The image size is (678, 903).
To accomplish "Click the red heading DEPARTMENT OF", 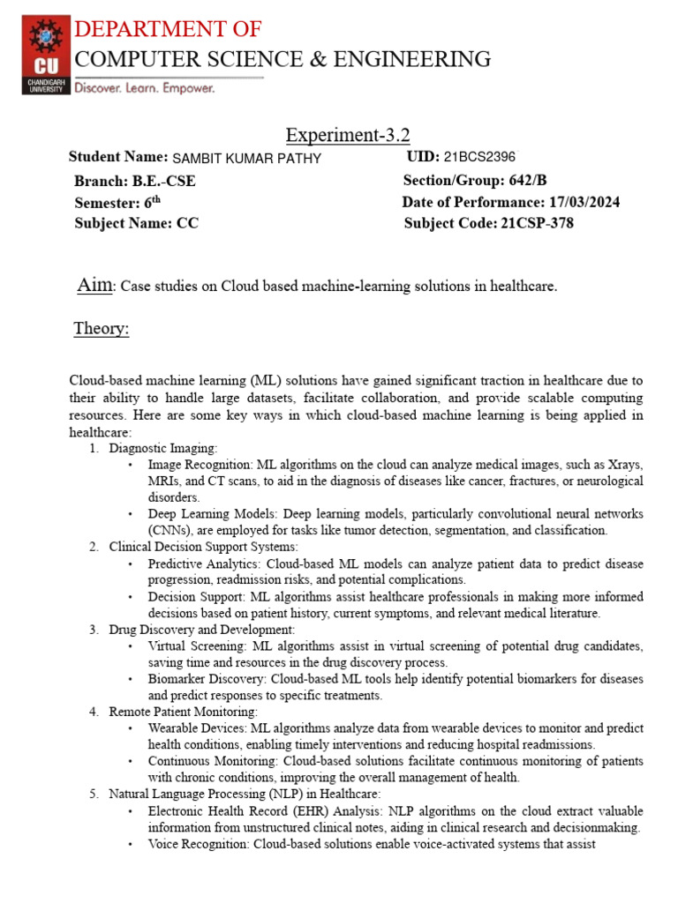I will click(167, 29).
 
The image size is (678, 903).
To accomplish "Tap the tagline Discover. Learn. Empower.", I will click(144, 88).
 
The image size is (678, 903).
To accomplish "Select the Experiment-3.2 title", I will click(348, 135).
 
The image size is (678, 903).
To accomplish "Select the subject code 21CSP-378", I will click(536, 223).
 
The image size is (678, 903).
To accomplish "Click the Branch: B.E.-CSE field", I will click(135, 181).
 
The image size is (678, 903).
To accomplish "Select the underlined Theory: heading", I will click(101, 330).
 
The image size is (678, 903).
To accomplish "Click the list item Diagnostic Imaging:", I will click(163, 449).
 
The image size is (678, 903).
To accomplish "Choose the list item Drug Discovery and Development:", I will click(201, 630).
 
